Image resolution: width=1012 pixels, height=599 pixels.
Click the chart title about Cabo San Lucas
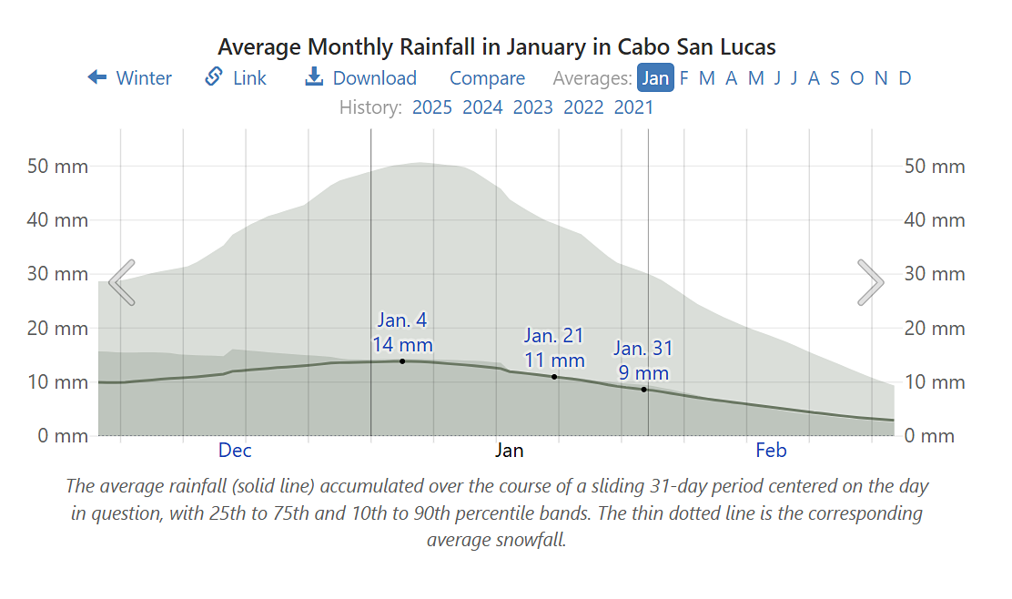tap(497, 46)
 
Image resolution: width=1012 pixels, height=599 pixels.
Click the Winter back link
tap(129, 78)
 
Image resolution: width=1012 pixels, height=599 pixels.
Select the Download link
tap(360, 78)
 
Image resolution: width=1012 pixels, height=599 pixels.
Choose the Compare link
tap(487, 78)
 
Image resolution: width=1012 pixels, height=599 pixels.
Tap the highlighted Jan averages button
tap(655, 78)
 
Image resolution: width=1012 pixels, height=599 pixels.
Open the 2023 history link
tap(532, 107)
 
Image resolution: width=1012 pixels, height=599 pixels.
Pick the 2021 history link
tap(633, 107)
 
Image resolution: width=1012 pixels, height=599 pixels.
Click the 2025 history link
tap(432, 107)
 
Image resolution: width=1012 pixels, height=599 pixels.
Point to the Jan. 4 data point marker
tap(402, 361)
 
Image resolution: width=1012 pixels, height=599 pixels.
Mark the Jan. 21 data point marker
tap(554, 377)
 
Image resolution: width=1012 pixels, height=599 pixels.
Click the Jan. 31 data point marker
tap(644, 390)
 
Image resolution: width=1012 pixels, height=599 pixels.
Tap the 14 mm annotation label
tap(402, 345)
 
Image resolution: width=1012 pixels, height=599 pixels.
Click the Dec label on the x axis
tap(235, 450)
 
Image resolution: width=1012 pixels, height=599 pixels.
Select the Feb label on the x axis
tap(771, 450)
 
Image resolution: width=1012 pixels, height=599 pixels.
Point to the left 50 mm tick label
tap(59, 167)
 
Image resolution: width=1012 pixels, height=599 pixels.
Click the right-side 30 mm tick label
tap(935, 274)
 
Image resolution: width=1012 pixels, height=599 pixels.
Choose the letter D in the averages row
tap(905, 78)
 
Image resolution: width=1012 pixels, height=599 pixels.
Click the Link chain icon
tap(214, 77)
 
